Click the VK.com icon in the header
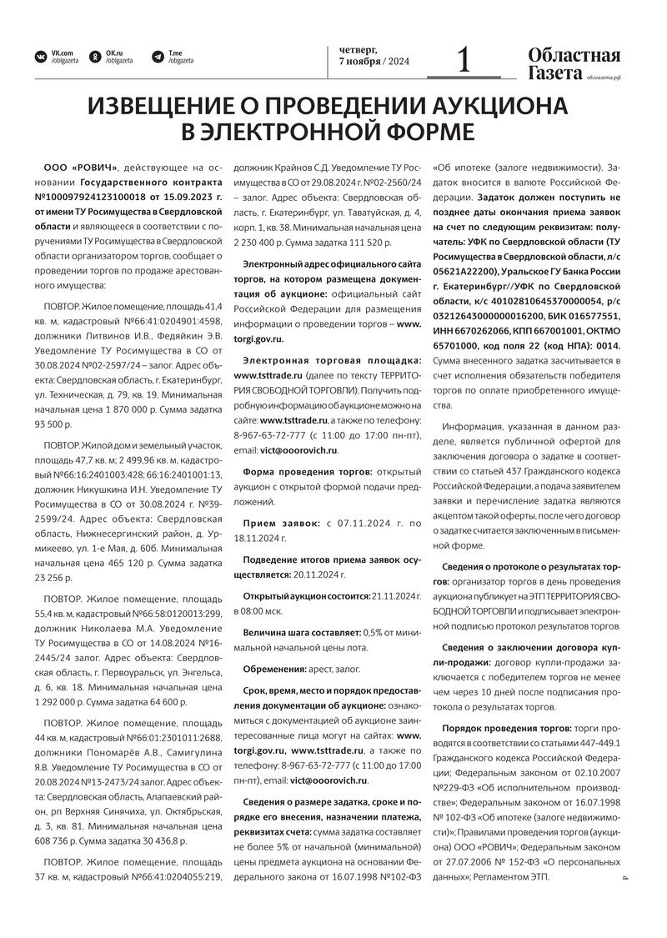pos(40,57)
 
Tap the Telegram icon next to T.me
pos(158,57)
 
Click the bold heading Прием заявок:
pos(281,523)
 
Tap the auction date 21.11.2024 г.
pos(393,596)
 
